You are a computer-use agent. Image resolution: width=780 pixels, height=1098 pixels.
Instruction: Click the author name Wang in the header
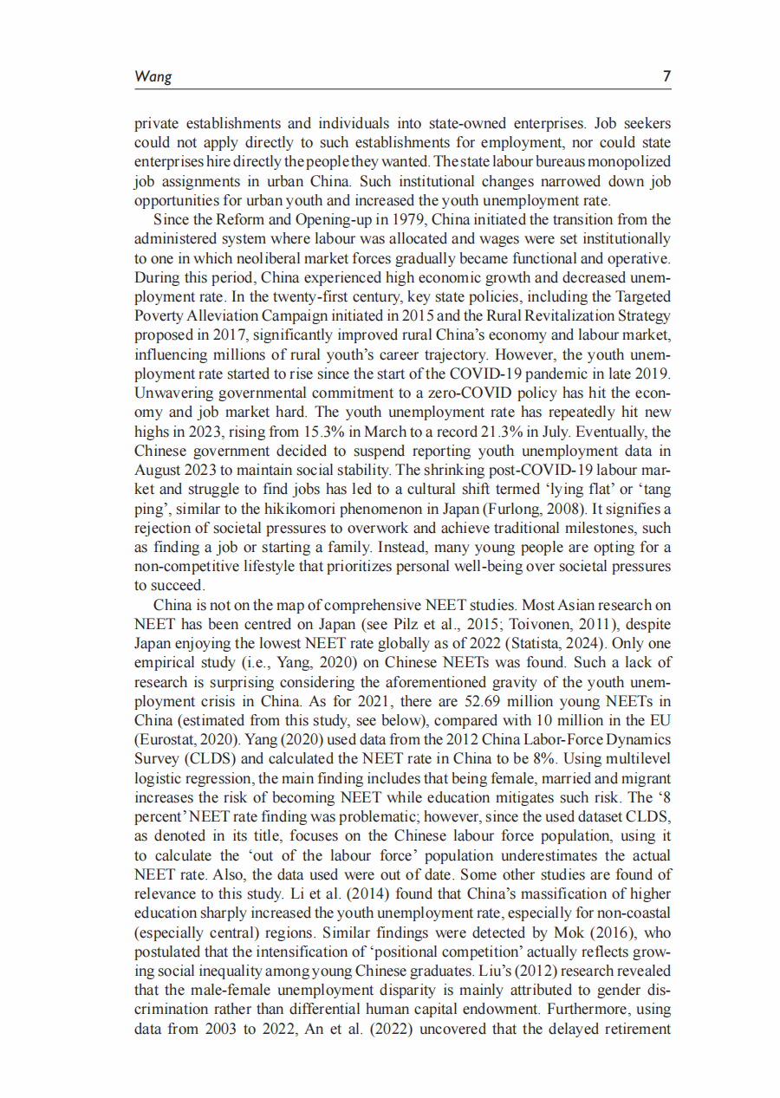coord(153,77)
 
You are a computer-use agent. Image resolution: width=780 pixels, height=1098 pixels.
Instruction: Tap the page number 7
coord(666,77)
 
